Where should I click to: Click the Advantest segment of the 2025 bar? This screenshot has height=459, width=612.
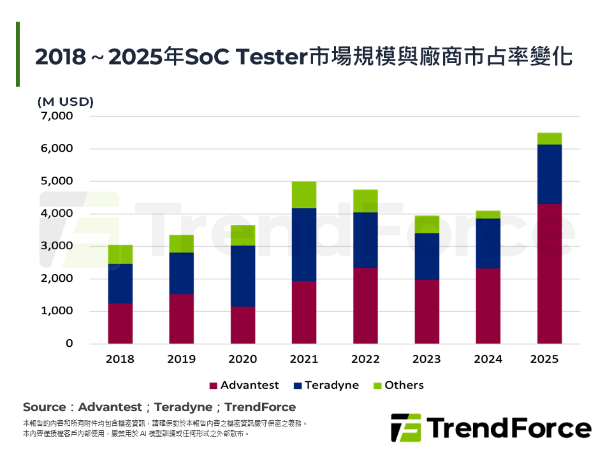549,273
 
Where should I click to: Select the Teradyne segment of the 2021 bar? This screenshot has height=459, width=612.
304,244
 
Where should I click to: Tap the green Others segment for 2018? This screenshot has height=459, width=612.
120,254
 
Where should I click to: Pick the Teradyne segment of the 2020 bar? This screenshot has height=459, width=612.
243,276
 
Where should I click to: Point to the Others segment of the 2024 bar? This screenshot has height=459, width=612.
488,214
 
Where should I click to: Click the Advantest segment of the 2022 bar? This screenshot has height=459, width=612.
365,305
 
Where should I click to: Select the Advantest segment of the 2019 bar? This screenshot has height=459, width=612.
182,319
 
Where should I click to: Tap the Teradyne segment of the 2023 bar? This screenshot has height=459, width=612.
426,256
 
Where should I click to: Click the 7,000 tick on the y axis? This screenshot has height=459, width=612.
57,116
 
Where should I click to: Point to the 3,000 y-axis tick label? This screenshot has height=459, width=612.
57,246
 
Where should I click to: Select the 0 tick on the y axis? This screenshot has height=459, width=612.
69,344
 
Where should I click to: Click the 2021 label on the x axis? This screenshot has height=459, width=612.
304,359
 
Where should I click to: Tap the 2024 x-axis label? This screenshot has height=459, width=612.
488,359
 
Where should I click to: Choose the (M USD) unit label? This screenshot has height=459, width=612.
66,101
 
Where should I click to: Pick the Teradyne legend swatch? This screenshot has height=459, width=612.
297,386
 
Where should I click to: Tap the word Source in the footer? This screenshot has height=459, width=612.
44,407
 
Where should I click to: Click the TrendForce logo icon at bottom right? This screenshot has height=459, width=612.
405,427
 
